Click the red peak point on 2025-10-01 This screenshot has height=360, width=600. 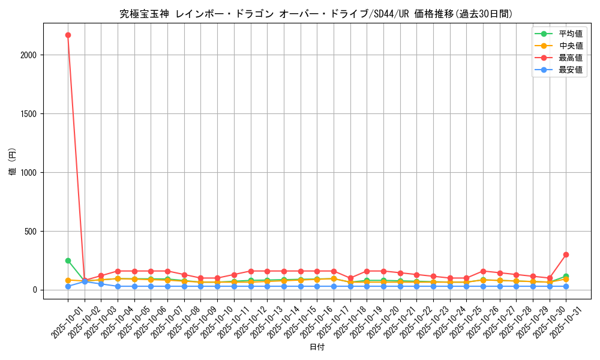tap(68, 35)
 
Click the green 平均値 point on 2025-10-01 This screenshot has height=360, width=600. tap(68, 260)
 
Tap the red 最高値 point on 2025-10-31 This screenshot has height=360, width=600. tap(566, 254)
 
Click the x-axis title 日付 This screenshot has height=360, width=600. tap(317, 347)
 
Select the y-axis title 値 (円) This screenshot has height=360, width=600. tap(12, 162)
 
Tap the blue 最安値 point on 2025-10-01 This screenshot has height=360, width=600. tap(68, 286)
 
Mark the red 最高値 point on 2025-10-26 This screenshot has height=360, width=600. tap(483, 271)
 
